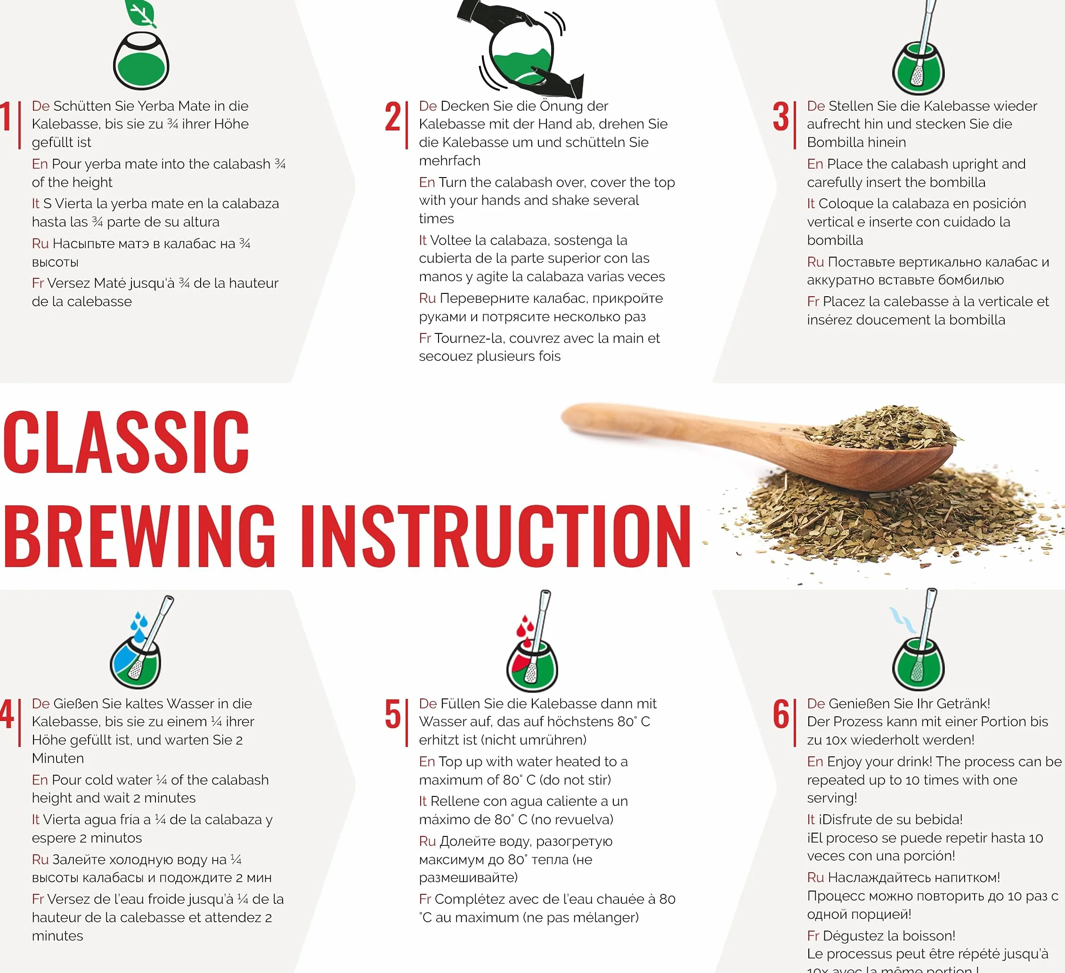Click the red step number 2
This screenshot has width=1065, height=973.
(392, 117)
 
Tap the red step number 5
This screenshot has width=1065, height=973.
(392, 714)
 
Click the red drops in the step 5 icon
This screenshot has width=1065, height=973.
(525, 627)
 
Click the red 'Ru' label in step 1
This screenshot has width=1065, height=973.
(40, 243)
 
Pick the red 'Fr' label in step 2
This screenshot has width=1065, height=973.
(425, 338)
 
